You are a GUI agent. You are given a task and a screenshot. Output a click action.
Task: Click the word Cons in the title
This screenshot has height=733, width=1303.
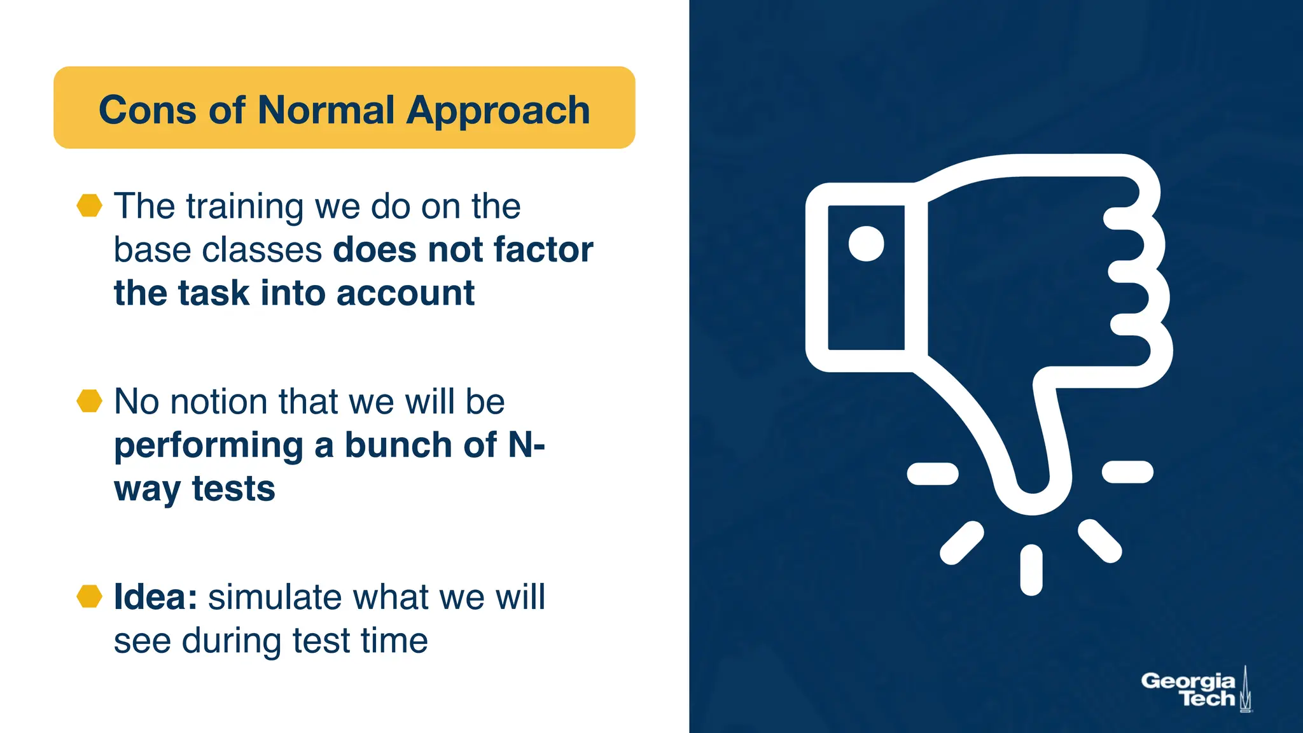click(x=146, y=110)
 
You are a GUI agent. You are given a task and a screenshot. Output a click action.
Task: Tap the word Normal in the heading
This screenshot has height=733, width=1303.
click(x=326, y=110)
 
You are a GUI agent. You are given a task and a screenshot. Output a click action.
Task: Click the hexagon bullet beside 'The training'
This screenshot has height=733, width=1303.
click(x=89, y=206)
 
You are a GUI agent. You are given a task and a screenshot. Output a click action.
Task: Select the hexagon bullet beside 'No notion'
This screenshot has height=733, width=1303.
click(x=89, y=401)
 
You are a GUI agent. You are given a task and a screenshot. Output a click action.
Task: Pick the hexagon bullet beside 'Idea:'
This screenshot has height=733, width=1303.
click(x=89, y=596)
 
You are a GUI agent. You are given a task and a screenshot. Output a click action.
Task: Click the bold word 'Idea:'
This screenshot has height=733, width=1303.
click(x=155, y=597)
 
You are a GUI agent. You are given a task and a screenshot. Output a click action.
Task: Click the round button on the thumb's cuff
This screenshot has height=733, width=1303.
click(x=866, y=243)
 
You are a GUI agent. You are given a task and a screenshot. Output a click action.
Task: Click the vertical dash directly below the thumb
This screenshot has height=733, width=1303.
click(x=1031, y=570)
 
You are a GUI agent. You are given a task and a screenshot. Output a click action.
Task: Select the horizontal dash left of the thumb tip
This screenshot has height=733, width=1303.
click(x=932, y=473)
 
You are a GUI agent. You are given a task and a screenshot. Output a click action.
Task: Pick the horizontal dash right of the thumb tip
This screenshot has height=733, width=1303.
click(x=1127, y=472)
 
